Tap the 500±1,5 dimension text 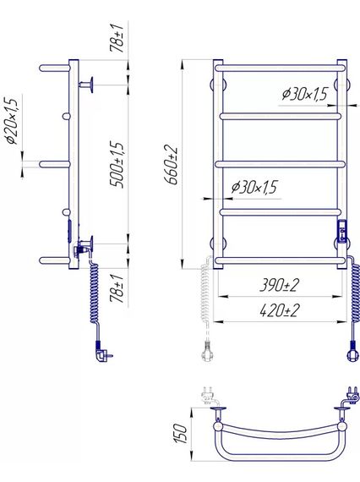(x=117, y=164)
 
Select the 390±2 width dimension (x=279, y=285)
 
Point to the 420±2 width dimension (x=279, y=310)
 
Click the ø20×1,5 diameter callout (x=11, y=121)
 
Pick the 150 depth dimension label (x=180, y=434)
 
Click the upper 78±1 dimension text (x=117, y=37)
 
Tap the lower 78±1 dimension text (x=117, y=288)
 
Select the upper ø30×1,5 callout (x=305, y=94)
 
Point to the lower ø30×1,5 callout (x=254, y=187)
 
